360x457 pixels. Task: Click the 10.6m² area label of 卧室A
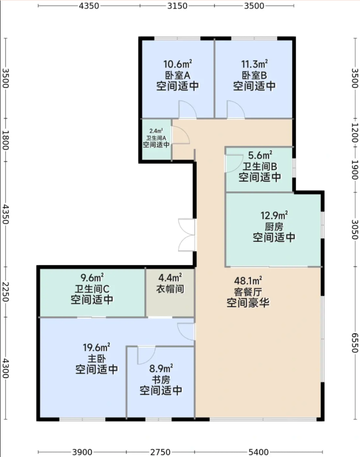tap(177, 64)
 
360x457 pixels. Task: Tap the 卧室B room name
tap(254, 75)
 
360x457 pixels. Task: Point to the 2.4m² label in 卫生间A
tap(156, 131)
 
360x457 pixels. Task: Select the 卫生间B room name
tap(260, 166)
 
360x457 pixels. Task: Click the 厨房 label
tap(274, 227)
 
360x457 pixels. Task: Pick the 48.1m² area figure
tap(248, 281)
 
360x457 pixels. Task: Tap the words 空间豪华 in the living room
tap(248, 303)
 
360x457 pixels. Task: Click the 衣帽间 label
tap(170, 289)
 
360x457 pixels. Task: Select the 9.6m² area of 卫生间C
tap(92, 277)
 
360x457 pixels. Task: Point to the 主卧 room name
tap(97, 358)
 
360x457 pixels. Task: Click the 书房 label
tap(161, 379)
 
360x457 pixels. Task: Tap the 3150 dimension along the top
tap(177, 6)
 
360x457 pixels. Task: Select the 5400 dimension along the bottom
tap(258, 452)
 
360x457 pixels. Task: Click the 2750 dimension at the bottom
tap(160, 452)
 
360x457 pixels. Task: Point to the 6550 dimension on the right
tap(354, 343)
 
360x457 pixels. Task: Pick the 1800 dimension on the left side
tap(6, 140)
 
